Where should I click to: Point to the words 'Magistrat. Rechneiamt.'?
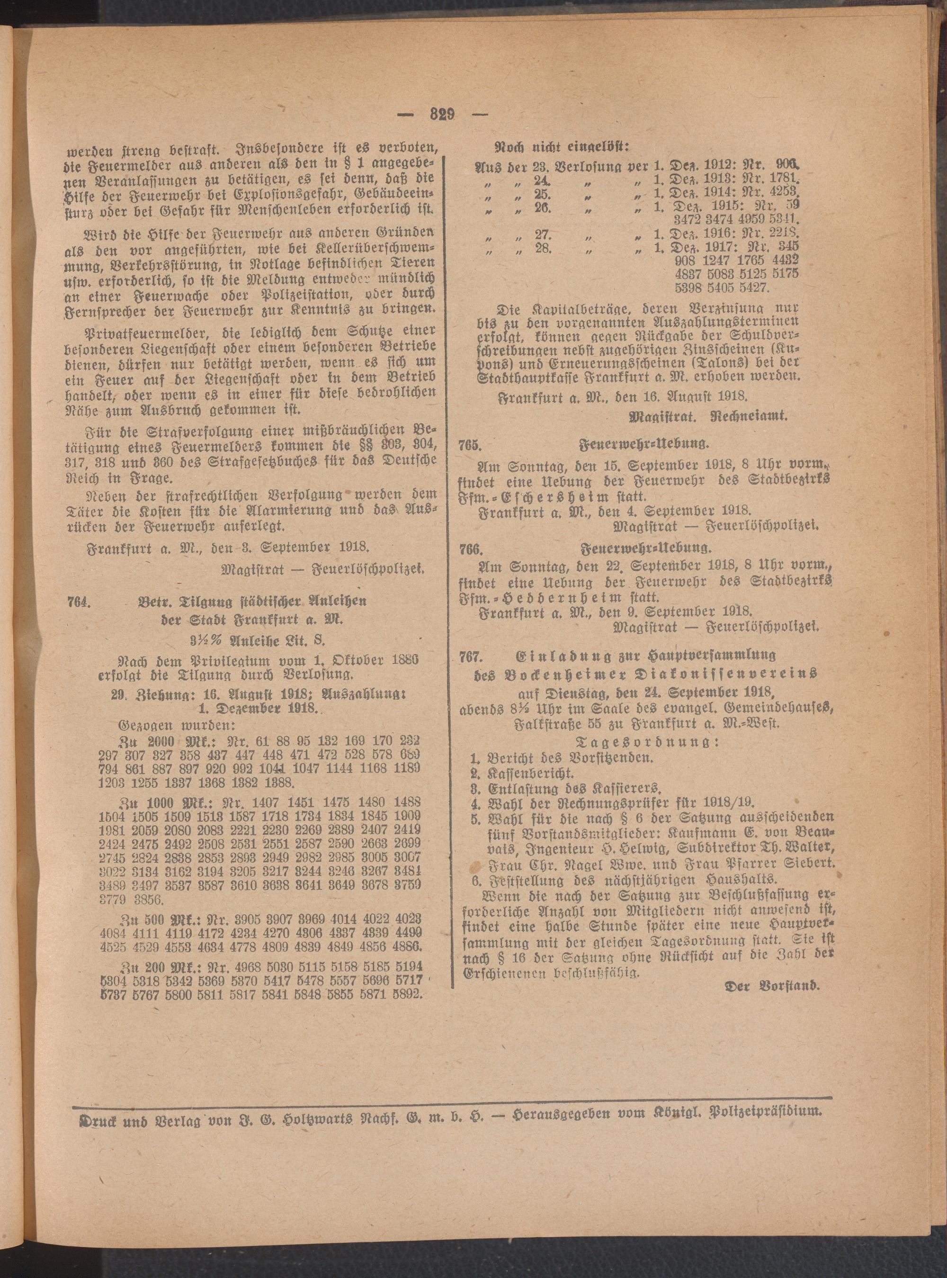pyautogui.click(x=708, y=417)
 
